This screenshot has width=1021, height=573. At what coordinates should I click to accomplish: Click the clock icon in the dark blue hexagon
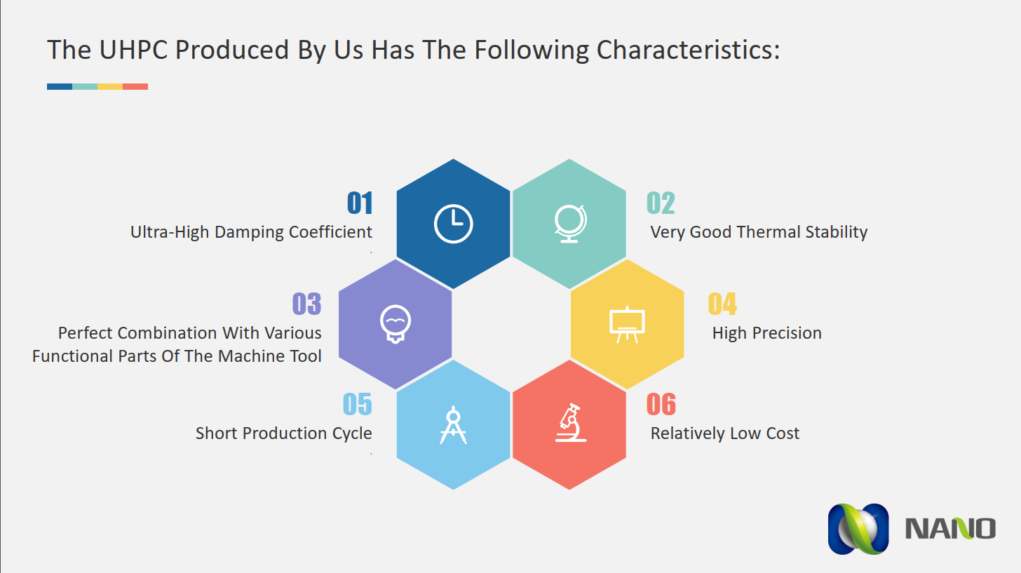click(x=453, y=224)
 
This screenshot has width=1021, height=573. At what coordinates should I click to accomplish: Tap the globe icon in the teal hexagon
click(x=569, y=223)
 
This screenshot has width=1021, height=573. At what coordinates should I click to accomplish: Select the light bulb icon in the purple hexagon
click(x=395, y=324)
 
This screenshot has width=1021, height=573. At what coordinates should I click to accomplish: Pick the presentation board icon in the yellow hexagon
click(x=627, y=324)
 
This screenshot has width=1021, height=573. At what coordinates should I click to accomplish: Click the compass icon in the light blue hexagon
click(x=453, y=425)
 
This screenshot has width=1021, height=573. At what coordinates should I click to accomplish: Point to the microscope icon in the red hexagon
click(x=571, y=423)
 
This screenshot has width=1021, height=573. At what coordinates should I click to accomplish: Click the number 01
click(x=360, y=203)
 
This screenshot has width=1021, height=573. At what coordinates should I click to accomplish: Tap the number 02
click(x=661, y=203)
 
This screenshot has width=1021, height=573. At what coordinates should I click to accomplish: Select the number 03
click(x=306, y=304)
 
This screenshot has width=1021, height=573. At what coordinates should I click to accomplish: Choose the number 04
click(x=722, y=304)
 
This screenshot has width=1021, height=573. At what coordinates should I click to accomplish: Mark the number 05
click(x=358, y=404)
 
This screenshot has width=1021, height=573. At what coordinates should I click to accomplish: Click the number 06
click(x=661, y=404)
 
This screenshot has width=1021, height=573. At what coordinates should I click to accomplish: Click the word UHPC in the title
click(x=133, y=50)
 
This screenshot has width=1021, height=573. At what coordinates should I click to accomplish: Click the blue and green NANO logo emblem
click(x=858, y=530)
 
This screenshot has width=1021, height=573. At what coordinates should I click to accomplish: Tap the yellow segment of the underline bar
click(x=110, y=86)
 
